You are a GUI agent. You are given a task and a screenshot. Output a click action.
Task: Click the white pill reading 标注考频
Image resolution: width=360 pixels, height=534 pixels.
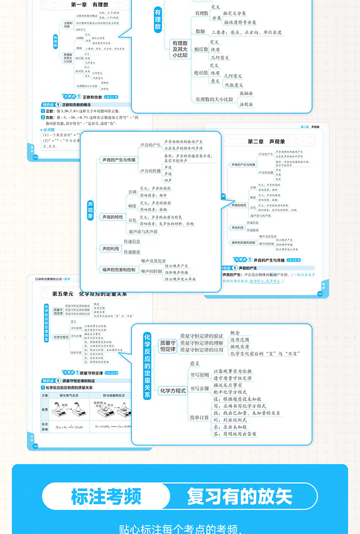click(x=106, y=497)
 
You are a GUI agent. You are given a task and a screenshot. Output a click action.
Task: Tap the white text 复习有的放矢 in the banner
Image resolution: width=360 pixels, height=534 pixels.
click(x=240, y=497)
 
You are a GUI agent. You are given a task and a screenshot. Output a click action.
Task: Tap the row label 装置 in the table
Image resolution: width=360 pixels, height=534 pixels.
click(x=45, y=410)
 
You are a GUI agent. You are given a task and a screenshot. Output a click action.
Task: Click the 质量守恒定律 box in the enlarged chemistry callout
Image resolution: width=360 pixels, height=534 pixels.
click(x=167, y=346)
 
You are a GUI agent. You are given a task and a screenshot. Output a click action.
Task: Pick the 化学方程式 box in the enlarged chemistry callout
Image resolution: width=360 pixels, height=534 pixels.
click(x=173, y=390)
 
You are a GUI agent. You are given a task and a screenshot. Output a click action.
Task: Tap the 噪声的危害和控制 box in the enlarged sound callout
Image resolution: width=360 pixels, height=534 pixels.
click(x=118, y=270)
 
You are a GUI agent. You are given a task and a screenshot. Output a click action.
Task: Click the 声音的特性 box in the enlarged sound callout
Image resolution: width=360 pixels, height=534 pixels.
click(x=112, y=217)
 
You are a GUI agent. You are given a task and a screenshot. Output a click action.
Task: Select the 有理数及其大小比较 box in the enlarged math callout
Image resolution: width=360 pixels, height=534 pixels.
click(x=179, y=49)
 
